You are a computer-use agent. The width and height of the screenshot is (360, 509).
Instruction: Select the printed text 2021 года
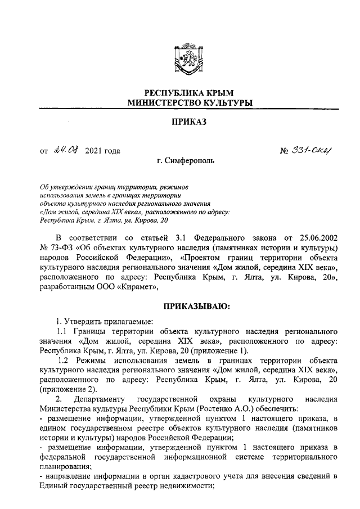(x=102, y=151)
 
